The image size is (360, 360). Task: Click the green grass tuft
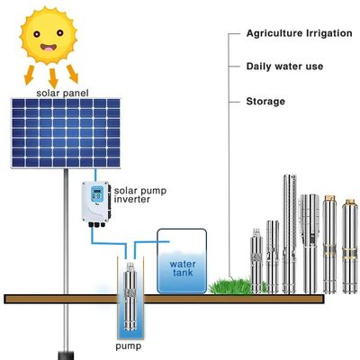point(229,285)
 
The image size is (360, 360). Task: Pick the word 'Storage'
point(265,101)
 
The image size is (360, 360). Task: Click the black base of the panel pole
point(62,346)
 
